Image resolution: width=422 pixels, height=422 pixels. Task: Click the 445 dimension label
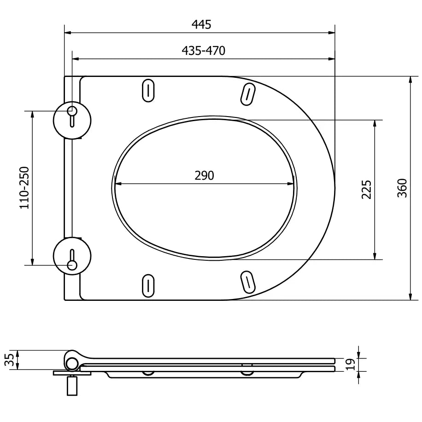tap(201, 24)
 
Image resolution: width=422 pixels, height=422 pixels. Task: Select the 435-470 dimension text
tap(204, 51)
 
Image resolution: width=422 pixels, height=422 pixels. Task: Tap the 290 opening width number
tap(204, 176)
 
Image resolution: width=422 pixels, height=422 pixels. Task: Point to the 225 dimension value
tap(366, 190)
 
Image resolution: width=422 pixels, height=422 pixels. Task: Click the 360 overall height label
tap(402, 188)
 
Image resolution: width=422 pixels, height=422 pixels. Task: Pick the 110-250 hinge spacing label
tap(24, 188)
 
